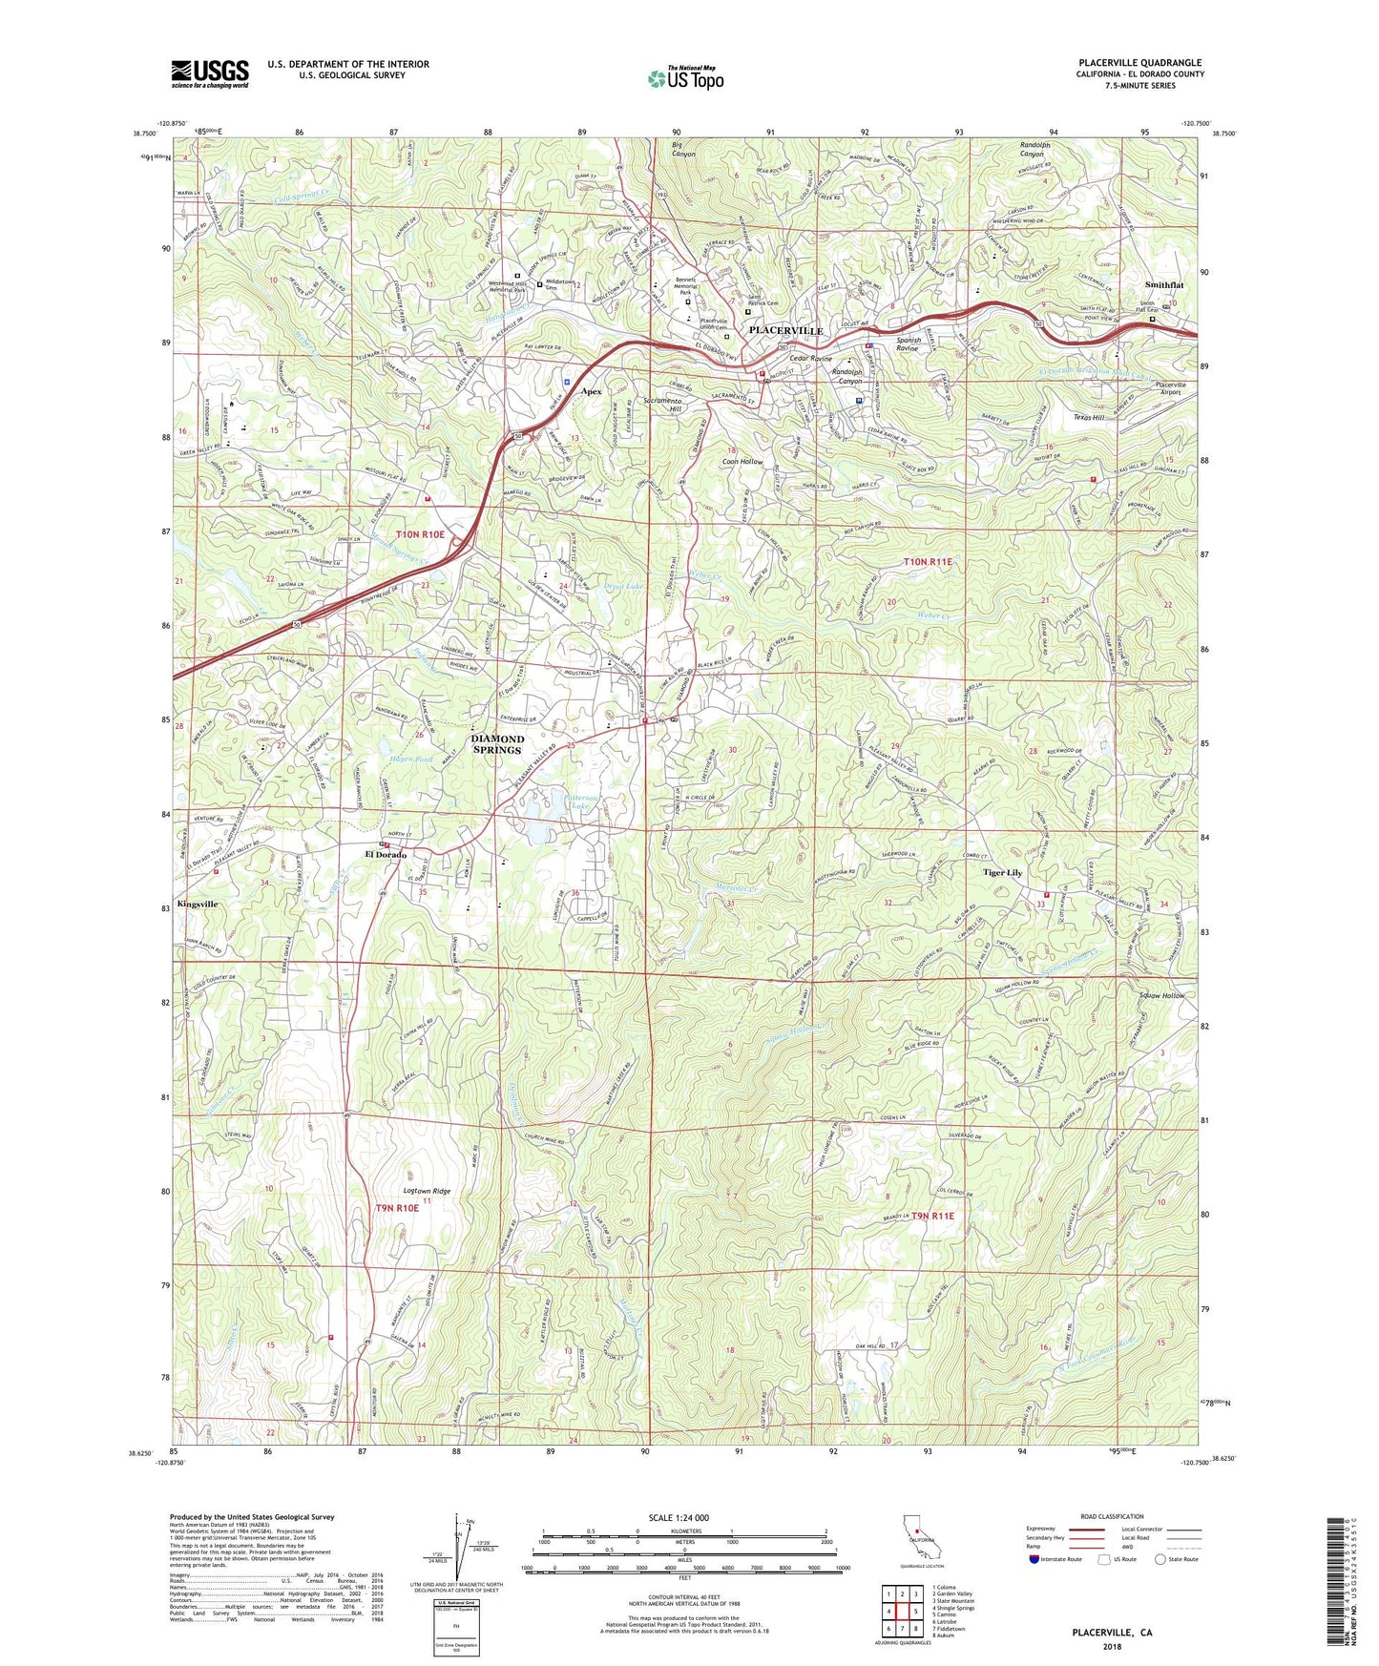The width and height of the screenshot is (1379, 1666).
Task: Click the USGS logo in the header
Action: pos(210,73)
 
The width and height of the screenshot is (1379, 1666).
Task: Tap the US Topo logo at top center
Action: pos(683,78)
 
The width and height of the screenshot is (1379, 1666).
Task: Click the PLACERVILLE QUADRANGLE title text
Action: pos(1139,63)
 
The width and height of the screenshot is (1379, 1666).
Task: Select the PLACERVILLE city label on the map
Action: pos(785,330)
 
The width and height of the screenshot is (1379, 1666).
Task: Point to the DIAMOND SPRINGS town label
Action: pos(496,744)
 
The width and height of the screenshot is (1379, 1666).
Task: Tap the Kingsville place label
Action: pos(198,903)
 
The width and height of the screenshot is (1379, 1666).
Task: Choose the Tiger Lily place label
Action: pos(1002,873)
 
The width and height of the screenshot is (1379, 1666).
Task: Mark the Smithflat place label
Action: pos(1164,285)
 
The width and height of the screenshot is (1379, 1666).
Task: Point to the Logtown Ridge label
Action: pos(427,1191)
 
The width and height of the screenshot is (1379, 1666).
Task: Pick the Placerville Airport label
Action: pos(1170,388)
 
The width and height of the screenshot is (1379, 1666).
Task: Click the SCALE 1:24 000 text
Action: pos(679,1518)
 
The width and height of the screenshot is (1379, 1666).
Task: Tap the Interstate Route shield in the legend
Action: pos(1034,1559)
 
